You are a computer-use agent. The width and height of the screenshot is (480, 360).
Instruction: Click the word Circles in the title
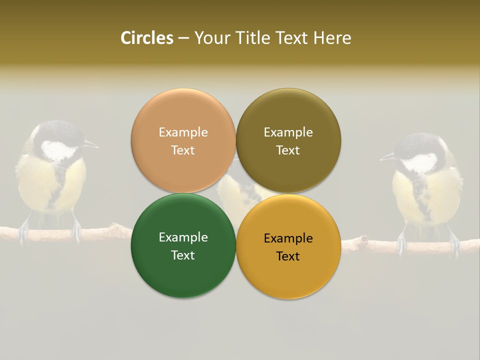click(147, 38)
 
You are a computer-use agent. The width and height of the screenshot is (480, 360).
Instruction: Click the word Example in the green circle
click(183, 237)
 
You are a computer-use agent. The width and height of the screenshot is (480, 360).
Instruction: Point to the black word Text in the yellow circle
click(288, 256)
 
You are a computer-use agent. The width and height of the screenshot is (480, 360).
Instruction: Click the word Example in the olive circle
click(288, 132)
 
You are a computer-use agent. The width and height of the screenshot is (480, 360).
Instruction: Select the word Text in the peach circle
click(183, 150)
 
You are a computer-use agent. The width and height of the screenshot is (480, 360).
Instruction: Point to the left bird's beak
click(91, 145)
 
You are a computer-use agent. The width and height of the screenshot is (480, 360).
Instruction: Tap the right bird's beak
click(387, 157)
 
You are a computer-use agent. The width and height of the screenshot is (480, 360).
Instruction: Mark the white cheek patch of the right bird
click(420, 163)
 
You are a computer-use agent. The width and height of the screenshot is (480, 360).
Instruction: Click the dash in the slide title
click(183, 38)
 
